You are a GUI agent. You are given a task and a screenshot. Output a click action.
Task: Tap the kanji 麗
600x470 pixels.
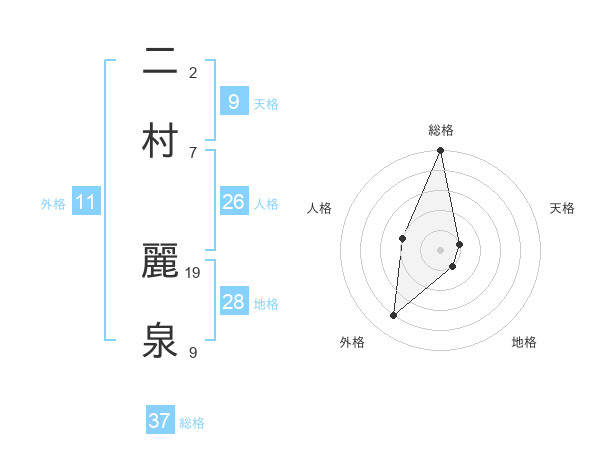161,260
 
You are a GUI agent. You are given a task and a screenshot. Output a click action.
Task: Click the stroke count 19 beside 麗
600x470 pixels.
194,272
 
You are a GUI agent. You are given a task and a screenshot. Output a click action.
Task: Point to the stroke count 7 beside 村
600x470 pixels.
193,152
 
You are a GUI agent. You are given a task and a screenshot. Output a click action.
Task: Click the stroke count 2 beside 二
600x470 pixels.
193,73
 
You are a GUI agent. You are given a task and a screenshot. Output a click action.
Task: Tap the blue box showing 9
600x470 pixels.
233,101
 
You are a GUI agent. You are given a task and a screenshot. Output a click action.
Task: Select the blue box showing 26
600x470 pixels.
233,202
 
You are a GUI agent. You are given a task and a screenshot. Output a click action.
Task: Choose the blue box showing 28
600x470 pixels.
233,301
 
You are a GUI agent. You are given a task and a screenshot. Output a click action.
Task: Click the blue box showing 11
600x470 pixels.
86,202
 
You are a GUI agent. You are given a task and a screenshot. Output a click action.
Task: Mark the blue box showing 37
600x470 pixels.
160,421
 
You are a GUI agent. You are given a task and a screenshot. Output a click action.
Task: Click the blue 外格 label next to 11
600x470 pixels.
53,204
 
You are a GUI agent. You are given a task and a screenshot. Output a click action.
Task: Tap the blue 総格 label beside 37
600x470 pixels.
192,423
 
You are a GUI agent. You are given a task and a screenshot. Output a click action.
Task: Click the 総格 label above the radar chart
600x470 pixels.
441,130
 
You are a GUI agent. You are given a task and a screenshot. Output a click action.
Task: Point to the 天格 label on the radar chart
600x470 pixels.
563,208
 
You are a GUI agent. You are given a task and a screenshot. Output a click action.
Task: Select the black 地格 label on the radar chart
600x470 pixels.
524,342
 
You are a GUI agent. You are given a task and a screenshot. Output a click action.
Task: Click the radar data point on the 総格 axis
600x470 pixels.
440,151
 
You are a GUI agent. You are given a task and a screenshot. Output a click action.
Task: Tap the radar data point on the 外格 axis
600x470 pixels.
394,316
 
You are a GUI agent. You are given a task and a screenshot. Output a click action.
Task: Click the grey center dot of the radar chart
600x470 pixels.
440,249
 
